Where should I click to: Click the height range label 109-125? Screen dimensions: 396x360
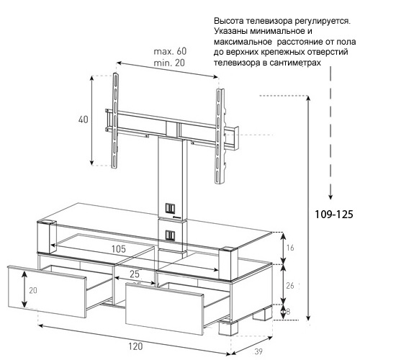pos(333,215)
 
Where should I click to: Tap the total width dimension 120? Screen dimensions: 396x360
pos(135,346)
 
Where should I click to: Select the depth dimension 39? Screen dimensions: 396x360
pos(258,351)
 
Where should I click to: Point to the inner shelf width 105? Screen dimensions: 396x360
pos(119,249)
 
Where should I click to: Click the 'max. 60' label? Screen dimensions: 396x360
pos(170,51)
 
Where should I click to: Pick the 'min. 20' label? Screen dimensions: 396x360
pos(169,63)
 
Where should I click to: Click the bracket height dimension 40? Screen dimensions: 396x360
pos(83,120)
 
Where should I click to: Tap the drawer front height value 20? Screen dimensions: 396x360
pos(33,291)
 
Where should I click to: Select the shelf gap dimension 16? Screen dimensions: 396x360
pos(290,248)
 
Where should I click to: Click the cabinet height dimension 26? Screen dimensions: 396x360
pos(290,285)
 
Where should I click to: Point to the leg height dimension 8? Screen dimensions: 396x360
pos(288,311)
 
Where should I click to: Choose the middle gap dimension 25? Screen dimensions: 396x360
pos(135,274)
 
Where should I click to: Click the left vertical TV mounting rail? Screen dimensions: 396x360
pos(115,120)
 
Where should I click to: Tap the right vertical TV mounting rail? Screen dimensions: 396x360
pos(219,136)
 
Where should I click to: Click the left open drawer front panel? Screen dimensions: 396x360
pos(47,291)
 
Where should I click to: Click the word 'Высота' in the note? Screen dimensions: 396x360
pos(228,21)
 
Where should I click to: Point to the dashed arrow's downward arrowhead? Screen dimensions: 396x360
pos(330,197)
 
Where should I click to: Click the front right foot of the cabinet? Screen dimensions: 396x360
pos(228,328)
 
